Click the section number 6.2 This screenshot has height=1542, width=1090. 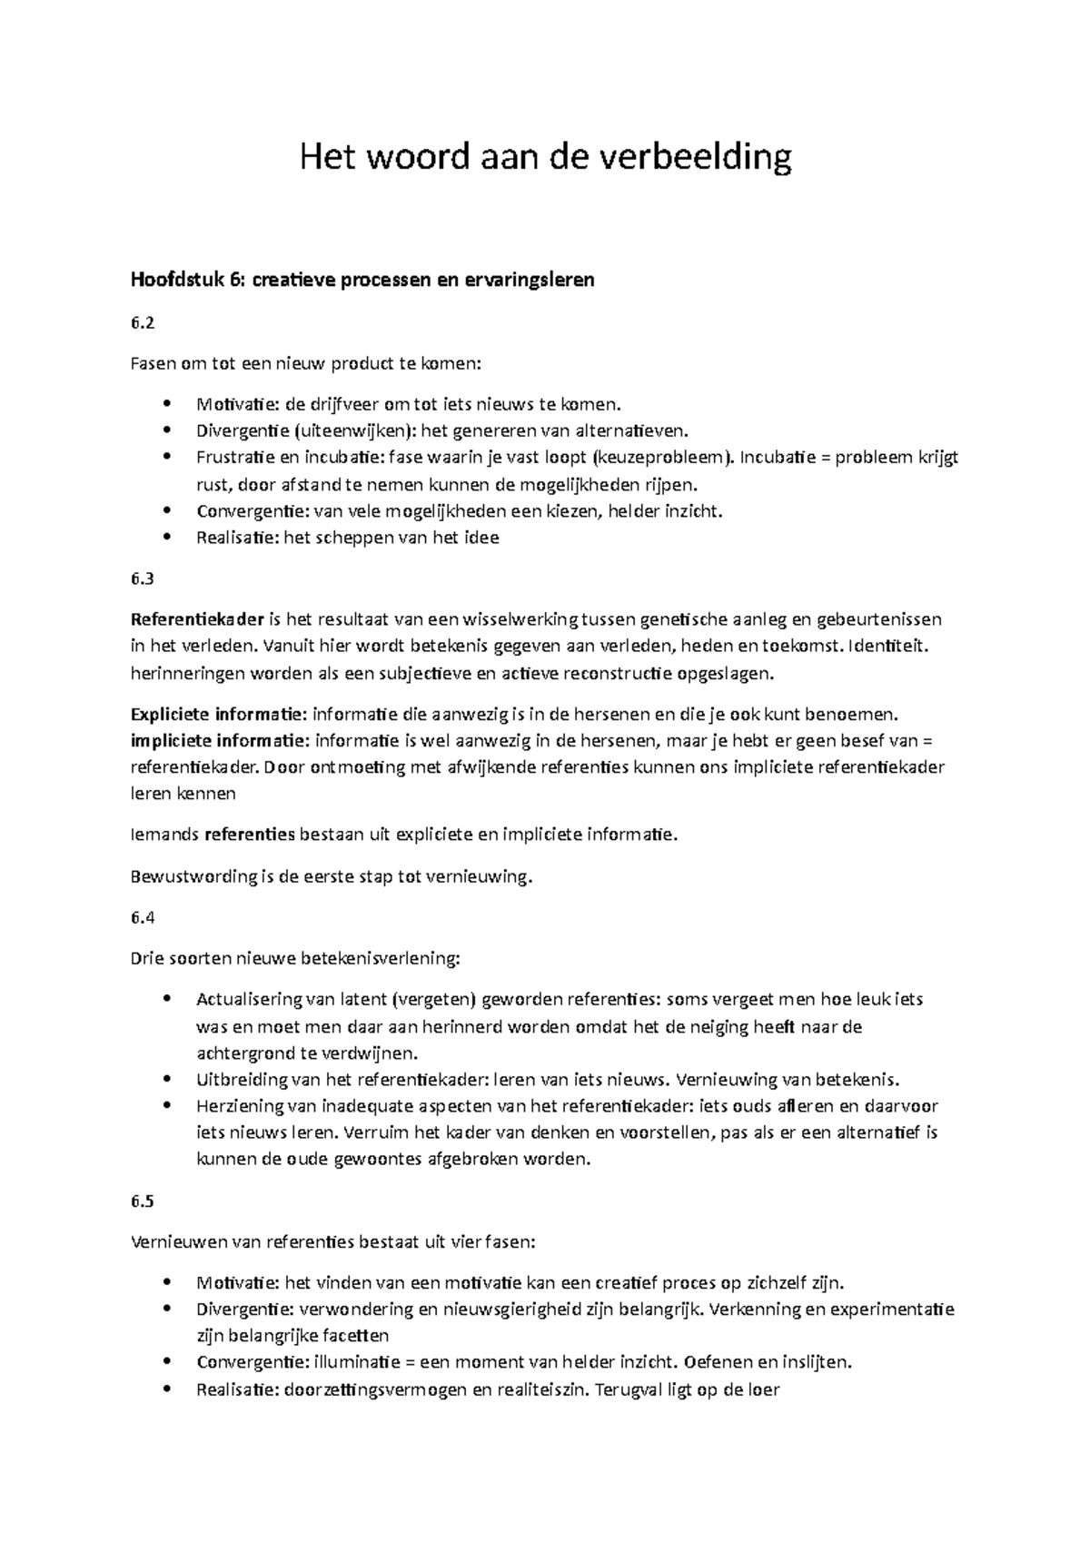(144, 322)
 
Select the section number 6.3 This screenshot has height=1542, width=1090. (144, 578)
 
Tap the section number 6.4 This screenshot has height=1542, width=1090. (144, 917)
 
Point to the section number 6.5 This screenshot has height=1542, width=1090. (144, 1201)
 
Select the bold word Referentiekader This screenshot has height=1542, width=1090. (197, 619)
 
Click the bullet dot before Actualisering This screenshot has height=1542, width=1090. (164, 1000)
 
